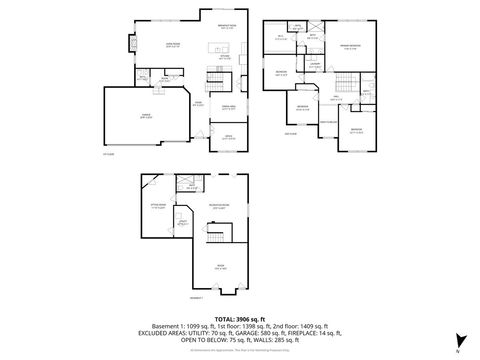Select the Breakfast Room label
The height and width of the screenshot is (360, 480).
pos(227,25)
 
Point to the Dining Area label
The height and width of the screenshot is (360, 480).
pos(228,106)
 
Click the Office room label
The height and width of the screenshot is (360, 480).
pos(228,135)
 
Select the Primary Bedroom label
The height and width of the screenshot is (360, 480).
pos(349,46)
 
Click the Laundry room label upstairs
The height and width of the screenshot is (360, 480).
pos(314,65)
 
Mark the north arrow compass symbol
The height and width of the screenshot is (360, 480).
pos(458,340)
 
